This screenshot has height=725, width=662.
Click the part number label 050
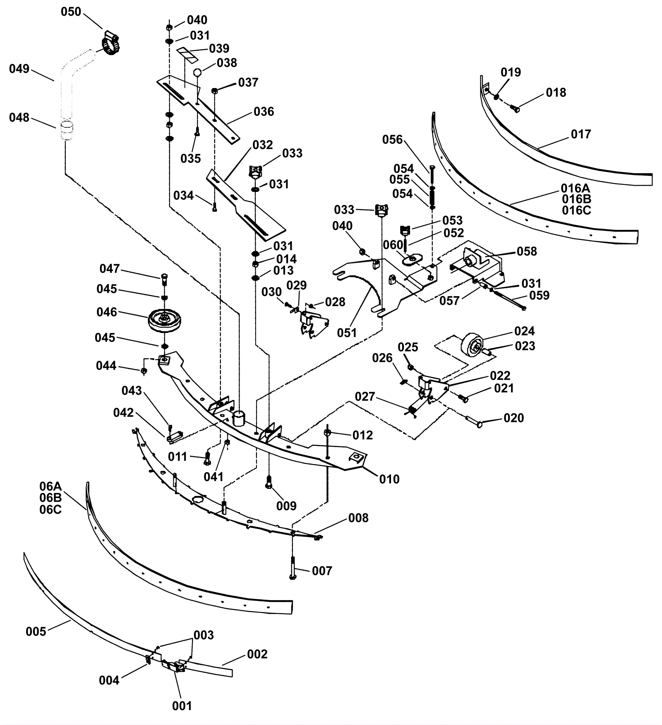coord(71,12)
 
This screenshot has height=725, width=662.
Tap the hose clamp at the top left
coord(110,43)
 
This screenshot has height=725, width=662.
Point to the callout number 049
coord(19,69)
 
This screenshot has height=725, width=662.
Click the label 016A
coord(576,189)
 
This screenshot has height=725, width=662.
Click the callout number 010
coord(389,479)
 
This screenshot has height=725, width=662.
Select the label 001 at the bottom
coord(182,706)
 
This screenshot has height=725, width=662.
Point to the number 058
coord(527,251)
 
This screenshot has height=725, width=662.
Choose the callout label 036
coord(264,112)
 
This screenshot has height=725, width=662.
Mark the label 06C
coord(50,510)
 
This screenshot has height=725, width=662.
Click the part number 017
coord(581,134)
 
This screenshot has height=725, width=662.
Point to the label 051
coord(346,333)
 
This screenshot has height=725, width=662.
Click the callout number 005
coord(36,632)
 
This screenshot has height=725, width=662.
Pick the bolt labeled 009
coord(269,482)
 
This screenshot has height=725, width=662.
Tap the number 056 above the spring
coord(392,140)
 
